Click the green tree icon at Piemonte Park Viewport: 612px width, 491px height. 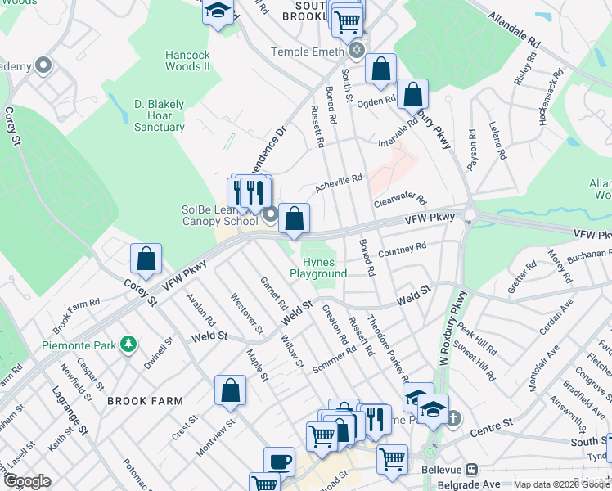(x=128, y=345)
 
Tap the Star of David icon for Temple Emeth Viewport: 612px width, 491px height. (x=355, y=51)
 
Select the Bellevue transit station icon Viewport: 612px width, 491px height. (x=471, y=470)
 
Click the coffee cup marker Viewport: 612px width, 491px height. (x=279, y=462)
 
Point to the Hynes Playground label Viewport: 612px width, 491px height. (x=319, y=268)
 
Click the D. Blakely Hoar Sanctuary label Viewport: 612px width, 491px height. (x=159, y=115)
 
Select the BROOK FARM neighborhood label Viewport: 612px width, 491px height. (x=138, y=401)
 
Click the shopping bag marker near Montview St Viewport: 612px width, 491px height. (x=231, y=390)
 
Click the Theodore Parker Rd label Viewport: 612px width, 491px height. (x=387, y=347)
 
